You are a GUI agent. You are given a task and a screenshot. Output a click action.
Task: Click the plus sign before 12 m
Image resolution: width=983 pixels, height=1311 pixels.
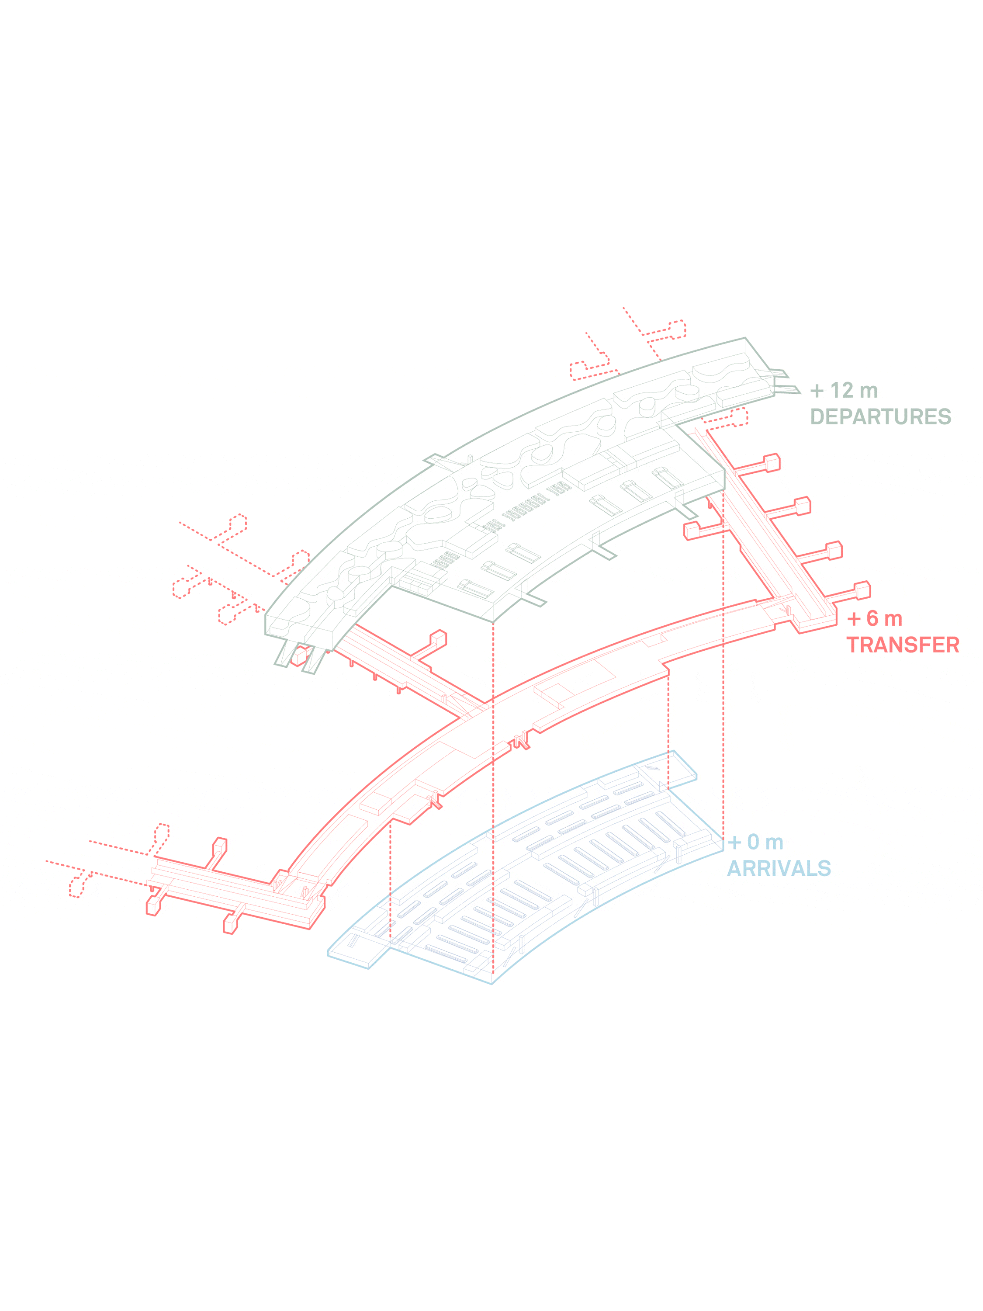[817, 391]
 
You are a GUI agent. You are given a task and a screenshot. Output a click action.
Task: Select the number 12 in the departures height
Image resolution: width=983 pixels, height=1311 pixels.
[841, 391]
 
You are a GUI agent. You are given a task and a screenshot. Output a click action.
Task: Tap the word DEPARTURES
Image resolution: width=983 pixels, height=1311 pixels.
[880, 416]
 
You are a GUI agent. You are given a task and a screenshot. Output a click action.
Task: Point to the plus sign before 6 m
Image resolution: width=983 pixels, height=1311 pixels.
[854, 619]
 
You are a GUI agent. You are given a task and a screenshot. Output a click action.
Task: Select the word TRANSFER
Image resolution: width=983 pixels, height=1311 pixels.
[903, 645]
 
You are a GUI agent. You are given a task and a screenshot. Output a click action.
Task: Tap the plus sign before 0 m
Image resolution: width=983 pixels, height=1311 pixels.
[735, 842]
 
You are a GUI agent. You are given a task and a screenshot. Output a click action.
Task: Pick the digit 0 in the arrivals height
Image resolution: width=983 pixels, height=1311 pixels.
[753, 842]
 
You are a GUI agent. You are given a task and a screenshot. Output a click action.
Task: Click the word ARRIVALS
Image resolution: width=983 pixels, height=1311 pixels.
[779, 868]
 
